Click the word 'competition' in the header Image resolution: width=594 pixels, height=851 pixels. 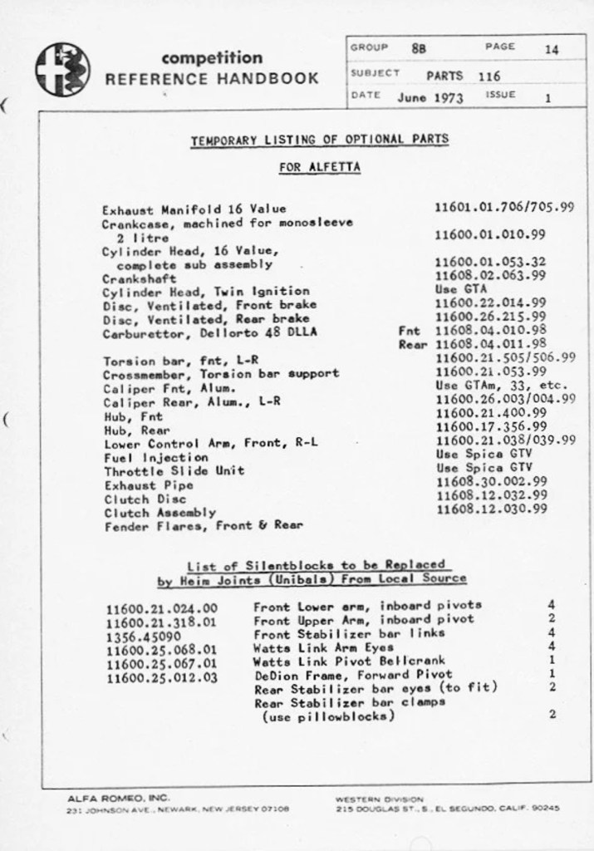(x=212, y=58)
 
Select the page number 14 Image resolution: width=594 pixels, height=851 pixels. (x=552, y=49)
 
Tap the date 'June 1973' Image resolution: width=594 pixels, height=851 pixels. (x=430, y=96)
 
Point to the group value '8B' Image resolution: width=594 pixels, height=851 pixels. (x=419, y=48)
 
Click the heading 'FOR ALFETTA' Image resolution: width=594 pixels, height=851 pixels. (x=320, y=167)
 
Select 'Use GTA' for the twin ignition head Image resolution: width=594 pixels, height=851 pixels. (x=461, y=289)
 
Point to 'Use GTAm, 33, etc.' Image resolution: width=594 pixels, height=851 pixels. (x=501, y=385)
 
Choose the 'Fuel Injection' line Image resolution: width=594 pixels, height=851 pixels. (x=155, y=456)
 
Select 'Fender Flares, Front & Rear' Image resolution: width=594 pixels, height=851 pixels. (x=203, y=525)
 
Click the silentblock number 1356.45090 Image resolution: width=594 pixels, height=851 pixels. (x=146, y=635)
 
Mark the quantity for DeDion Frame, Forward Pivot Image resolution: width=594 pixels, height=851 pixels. (x=552, y=673)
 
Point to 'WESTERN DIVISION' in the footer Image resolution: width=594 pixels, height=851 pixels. (x=379, y=798)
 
